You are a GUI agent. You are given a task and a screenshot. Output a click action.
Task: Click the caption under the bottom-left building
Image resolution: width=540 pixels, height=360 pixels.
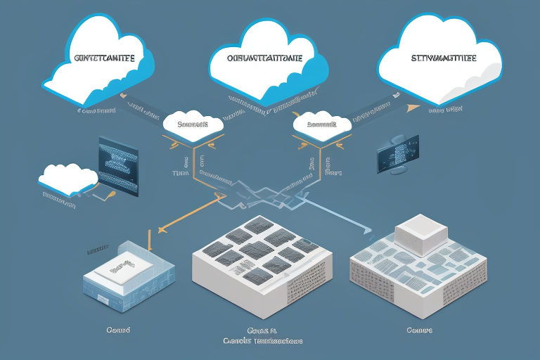click(x=115, y=329)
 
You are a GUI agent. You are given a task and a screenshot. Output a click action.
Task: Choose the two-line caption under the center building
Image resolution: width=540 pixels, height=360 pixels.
click(x=262, y=335)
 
